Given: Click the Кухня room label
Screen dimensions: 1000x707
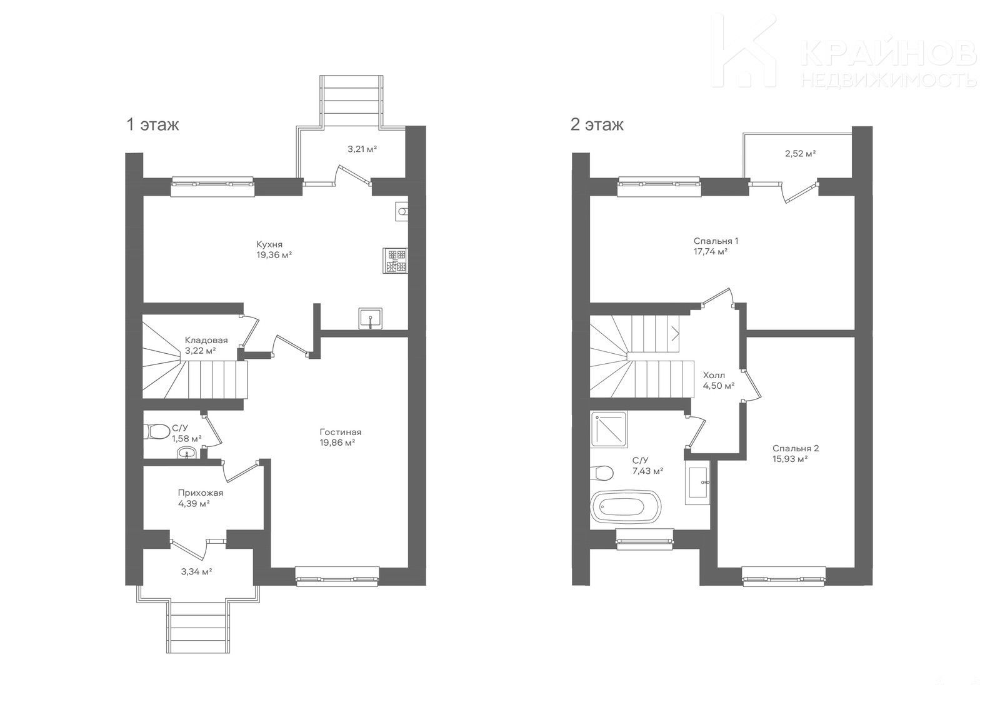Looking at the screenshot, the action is coord(269,245).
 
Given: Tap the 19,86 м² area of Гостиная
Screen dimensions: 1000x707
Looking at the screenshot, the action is coord(337,443).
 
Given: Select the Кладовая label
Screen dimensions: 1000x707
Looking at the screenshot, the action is coord(206,340).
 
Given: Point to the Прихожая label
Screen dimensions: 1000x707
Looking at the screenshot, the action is coord(201,493).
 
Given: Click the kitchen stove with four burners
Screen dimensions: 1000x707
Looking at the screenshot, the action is coord(395,261).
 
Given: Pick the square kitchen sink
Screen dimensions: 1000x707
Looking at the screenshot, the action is coord(370,318).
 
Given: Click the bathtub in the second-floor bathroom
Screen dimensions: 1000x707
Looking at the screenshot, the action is coord(625,508).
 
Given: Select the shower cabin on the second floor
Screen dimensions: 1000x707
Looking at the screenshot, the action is coord(610,429).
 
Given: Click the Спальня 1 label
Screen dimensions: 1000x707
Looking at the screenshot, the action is coord(716,241).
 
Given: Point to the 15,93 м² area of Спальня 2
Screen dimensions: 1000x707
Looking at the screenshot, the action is coord(790,459).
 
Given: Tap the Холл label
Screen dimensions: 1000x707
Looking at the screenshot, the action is coord(714,375).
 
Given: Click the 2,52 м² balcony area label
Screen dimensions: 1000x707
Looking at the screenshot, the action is coord(801,154).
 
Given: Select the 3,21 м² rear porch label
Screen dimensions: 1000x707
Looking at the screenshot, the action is coord(362,149).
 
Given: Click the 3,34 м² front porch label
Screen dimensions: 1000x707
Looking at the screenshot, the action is coord(196,571).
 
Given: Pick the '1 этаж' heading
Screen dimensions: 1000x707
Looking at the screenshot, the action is coord(152,124).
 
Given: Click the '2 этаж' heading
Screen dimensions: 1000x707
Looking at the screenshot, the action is coord(597,124).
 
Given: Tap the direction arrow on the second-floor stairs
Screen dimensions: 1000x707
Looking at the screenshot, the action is coord(676,333).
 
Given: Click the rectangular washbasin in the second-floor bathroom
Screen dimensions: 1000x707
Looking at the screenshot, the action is coord(697,483).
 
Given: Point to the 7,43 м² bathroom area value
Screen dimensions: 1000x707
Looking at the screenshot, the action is coord(647,471).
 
